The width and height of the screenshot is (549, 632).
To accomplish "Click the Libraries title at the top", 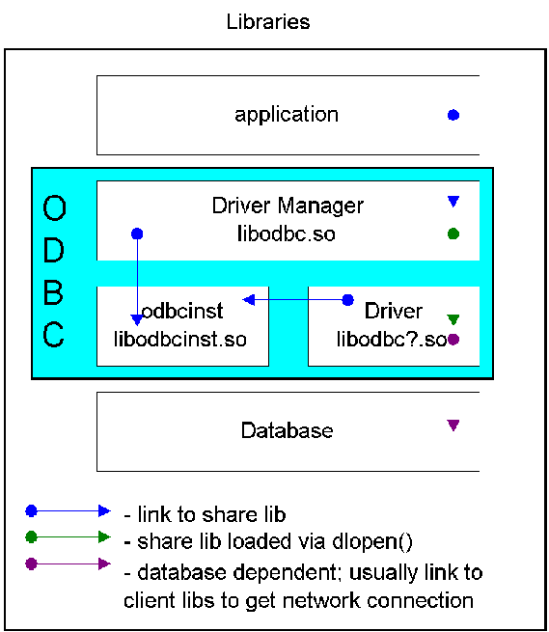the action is click(268, 22).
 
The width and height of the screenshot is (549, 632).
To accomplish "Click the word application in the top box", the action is click(287, 115).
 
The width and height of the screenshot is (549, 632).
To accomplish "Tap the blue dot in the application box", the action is click(453, 115).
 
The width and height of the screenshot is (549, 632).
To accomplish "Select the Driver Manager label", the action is click(288, 206).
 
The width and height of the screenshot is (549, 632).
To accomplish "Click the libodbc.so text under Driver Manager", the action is click(287, 234).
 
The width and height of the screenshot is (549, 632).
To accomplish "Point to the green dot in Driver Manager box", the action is click(453, 234).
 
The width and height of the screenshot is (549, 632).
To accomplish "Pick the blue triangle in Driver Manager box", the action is click(453, 201).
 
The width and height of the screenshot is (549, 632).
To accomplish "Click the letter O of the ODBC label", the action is click(54, 208).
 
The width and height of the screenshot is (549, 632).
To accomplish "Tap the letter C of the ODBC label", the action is click(54, 334).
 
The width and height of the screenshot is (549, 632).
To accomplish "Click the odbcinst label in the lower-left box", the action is click(182, 311).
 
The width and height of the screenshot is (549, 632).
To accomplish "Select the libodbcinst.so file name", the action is click(180, 339).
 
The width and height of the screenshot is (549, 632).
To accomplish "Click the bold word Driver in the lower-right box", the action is click(394, 311).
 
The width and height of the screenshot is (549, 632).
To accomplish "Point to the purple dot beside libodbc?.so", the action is click(453, 340).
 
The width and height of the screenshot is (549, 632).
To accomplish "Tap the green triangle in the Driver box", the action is click(453, 319).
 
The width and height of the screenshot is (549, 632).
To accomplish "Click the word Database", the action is click(287, 430).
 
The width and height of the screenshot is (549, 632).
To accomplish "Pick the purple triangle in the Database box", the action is click(453, 426).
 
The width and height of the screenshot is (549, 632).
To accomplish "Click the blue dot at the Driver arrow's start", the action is click(348, 300).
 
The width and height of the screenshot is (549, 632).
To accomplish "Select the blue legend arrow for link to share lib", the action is click(68, 511).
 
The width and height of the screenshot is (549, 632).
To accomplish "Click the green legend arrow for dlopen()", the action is click(68, 536).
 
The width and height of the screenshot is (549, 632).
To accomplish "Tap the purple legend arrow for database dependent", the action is click(68, 563).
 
